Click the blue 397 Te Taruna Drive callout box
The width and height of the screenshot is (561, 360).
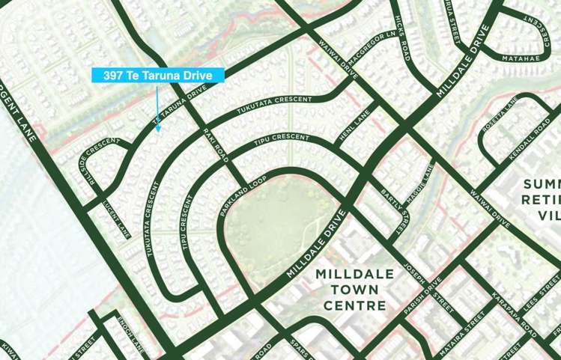157,75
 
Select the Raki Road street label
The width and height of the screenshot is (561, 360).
215,144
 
